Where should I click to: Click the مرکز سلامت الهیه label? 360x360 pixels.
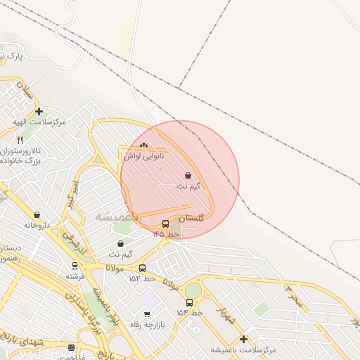[39, 122]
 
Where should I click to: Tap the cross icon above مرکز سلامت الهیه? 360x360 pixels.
[39, 110]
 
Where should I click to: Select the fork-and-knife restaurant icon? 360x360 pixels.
[20, 141]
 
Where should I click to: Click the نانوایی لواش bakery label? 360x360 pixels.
[144, 155]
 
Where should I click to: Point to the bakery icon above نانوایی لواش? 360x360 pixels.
[144, 146]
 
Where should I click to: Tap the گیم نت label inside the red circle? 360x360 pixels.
[188, 186]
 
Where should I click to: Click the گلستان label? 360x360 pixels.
[191, 218]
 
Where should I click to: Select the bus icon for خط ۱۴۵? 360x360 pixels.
[165, 224]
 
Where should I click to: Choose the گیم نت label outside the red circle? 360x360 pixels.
[121, 253]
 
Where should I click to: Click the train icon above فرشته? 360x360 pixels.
[75, 266]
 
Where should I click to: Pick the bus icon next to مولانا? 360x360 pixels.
[143, 268]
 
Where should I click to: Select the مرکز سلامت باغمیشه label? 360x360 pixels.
[243, 349]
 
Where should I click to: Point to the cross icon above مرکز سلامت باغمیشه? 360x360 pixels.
[243, 339]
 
